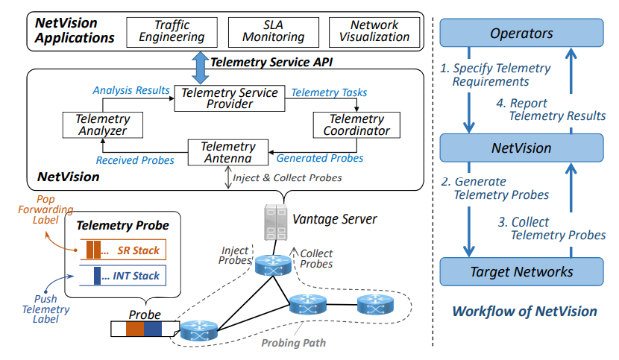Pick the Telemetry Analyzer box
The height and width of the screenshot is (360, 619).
[x=93, y=125]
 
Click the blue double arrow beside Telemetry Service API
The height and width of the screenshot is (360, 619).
[x=201, y=68]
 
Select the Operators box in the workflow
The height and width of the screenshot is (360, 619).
[x=521, y=34]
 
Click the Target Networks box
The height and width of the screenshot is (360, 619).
[x=521, y=271]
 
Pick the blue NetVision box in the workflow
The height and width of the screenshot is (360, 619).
[x=521, y=148]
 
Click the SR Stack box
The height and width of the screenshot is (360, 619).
[x=123, y=250]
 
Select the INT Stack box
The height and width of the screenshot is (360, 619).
[x=123, y=276]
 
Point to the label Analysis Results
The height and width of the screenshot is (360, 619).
[x=131, y=90]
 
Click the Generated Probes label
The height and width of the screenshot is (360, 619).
[x=320, y=158]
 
